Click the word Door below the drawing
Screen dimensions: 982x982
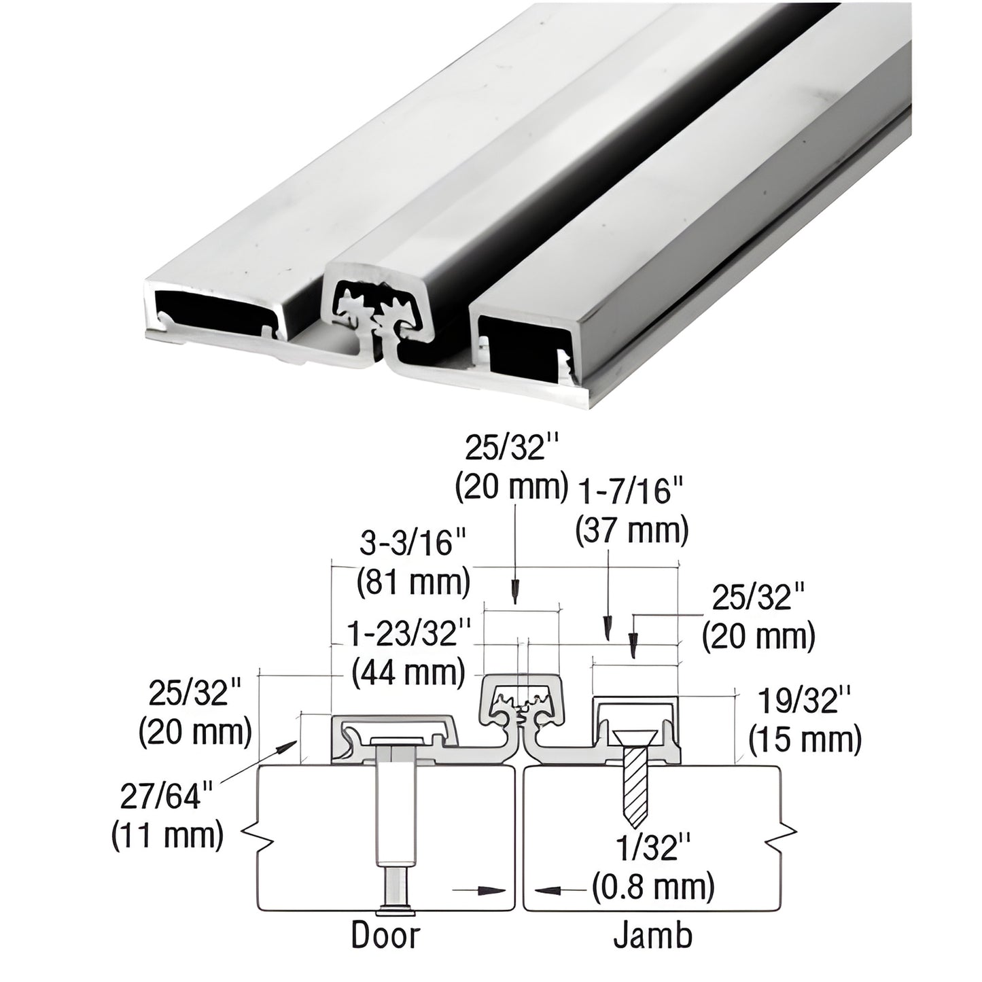click(385, 935)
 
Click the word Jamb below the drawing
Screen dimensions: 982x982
click(653, 935)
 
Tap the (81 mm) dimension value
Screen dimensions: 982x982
click(413, 582)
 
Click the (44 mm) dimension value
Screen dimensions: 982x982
click(408, 673)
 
